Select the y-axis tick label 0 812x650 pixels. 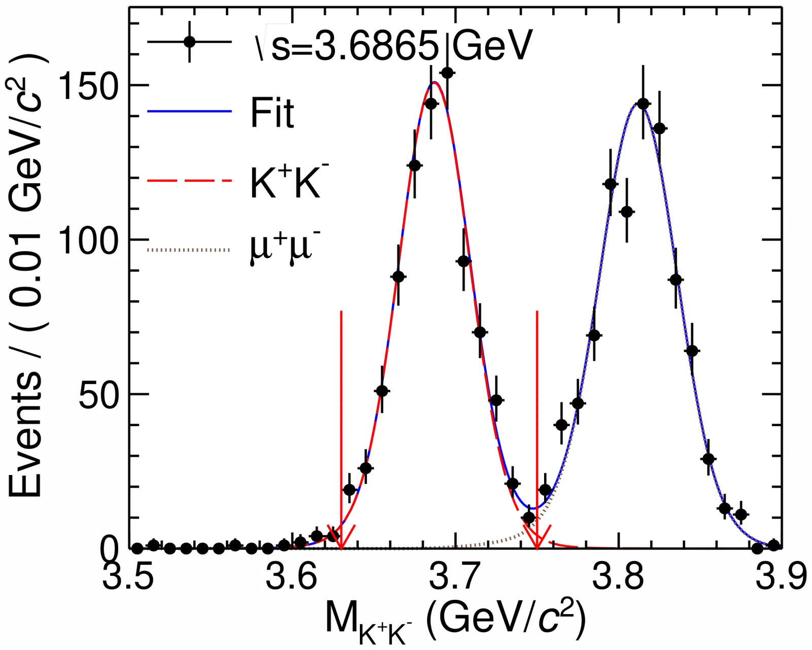click(x=109, y=549)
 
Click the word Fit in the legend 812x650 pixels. click(x=272, y=113)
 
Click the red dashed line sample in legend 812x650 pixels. click(x=189, y=181)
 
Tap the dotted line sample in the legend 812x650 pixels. click(x=189, y=250)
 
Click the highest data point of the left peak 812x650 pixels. click(x=447, y=73)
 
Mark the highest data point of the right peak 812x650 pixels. click(x=643, y=104)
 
